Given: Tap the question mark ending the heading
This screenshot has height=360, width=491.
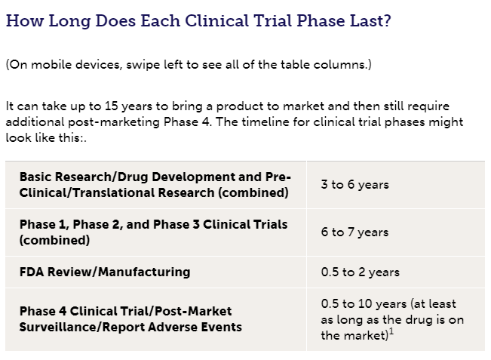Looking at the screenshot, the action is pyautogui.click(x=387, y=20).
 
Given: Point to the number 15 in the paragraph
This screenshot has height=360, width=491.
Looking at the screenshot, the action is pyautogui.click(x=111, y=106).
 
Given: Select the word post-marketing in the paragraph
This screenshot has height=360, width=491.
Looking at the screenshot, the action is pyautogui.click(x=114, y=122).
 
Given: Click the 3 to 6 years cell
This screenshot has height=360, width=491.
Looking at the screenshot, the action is pyautogui.click(x=354, y=185).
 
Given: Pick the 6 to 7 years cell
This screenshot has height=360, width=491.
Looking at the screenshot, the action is pyautogui.click(x=354, y=232).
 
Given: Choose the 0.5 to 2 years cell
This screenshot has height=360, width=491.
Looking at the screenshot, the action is pyautogui.click(x=360, y=272).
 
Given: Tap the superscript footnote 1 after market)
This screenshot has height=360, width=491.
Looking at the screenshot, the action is pyautogui.click(x=391, y=332).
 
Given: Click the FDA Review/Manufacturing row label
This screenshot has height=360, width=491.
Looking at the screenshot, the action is pyautogui.click(x=105, y=272).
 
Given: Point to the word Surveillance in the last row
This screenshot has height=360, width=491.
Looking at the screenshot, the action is pyautogui.click(x=58, y=327).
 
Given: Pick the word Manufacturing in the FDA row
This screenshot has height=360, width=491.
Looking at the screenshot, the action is pyautogui.click(x=144, y=272).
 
